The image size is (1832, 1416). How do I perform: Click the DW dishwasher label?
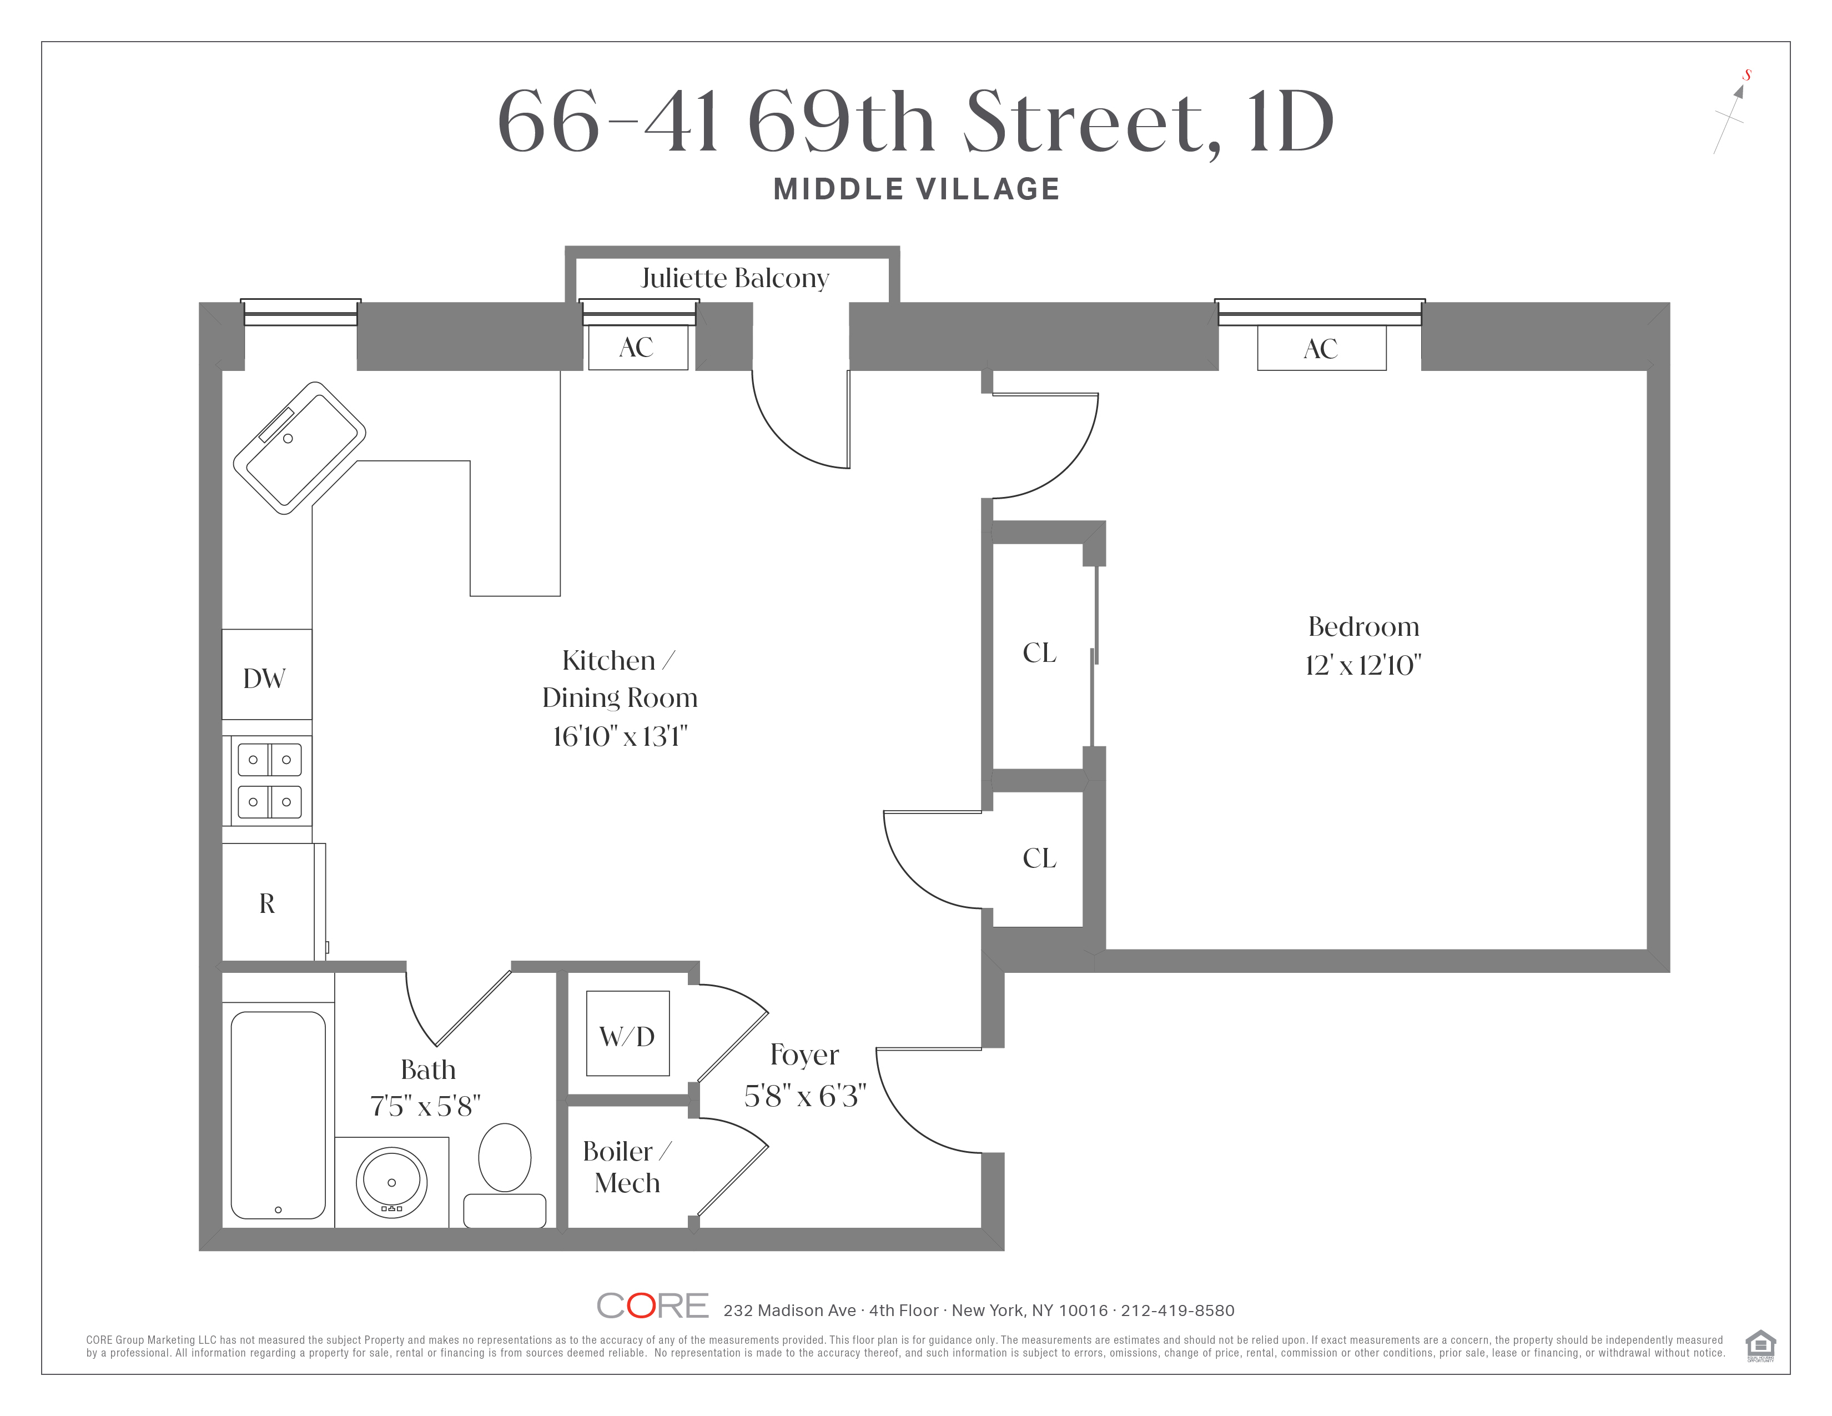(x=264, y=679)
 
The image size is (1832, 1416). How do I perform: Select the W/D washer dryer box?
(x=627, y=1033)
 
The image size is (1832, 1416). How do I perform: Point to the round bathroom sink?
(x=392, y=1183)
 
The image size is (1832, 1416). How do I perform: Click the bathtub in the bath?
(x=279, y=1115)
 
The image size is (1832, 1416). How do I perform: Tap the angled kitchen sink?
(x=299, y=448)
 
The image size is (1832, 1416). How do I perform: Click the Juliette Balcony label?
(x=735, y=278)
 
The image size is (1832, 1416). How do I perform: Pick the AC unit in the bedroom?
(x=1321, y=348)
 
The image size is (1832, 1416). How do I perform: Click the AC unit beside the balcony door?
(x=637, y=347)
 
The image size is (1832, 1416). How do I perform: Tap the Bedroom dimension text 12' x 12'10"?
(x=1363, y=665)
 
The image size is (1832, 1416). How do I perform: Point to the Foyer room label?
(x=804, y=1055)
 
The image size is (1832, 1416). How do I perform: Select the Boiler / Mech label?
(x=627, y=1167)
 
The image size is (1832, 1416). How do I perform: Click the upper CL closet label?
(x=1039, y=652)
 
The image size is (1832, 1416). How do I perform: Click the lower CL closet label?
(x=1039, y=858)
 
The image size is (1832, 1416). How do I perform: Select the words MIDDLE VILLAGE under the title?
(x=917, y=189)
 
